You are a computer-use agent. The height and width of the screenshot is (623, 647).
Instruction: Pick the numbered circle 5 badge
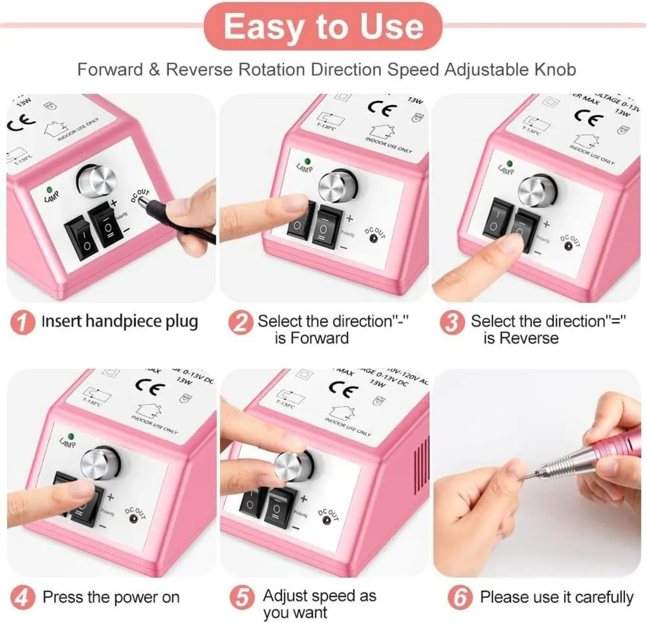click(242, 598)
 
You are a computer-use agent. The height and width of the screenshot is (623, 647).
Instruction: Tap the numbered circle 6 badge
click(460, 598)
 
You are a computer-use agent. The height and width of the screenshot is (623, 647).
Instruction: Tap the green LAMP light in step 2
click(307, 161)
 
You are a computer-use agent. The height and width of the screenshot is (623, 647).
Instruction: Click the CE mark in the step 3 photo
click(587, 117)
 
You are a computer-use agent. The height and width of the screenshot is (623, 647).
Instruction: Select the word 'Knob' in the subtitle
click(555, 70)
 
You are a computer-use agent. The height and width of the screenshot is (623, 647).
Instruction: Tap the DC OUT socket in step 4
click(132, 520)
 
